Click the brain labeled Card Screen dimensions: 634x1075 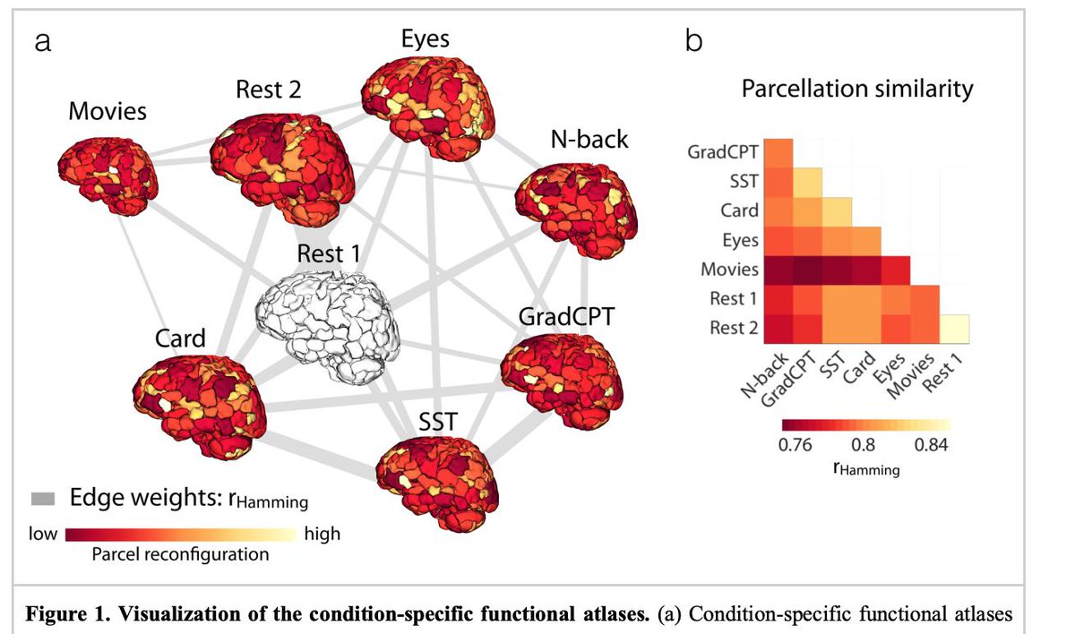[199, 398]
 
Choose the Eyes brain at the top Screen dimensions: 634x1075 [427, 102]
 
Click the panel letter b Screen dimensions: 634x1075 [693, 41]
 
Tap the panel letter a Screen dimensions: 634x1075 [42, 41]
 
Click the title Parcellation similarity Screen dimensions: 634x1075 [856, 90]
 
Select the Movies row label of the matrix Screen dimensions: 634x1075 [733, 270]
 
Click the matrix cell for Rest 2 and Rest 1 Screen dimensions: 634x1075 [955, 329]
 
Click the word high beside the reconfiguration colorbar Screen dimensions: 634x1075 [322, 535]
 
